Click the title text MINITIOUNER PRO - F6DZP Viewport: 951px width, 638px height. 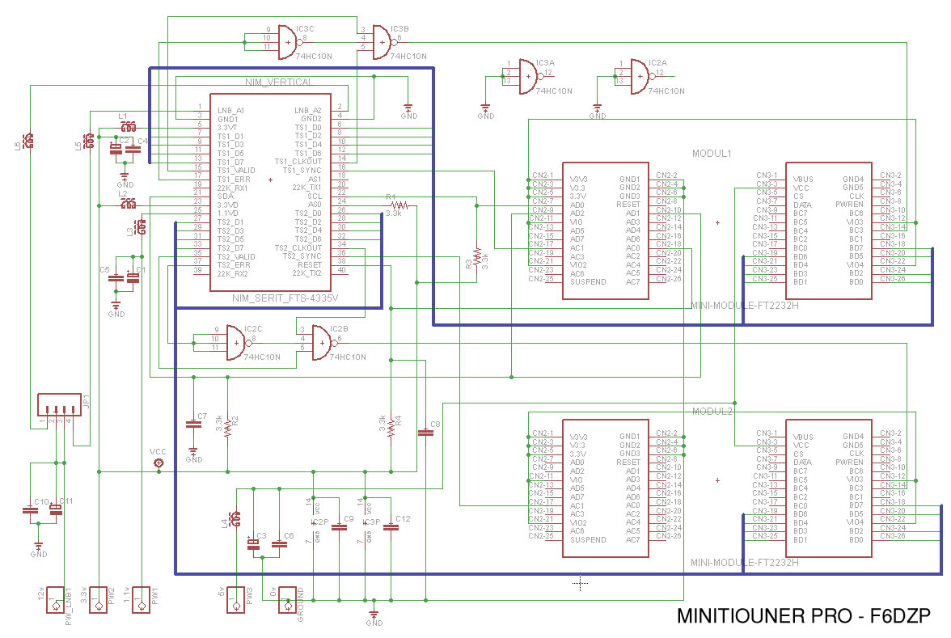[803, 617]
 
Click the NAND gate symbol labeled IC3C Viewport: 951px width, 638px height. [287, 41]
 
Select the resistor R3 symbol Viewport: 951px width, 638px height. [477, 257]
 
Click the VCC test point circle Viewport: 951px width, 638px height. [158, 463]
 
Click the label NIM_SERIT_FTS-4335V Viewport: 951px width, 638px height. [285, 298]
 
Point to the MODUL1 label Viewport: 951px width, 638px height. [712, 153]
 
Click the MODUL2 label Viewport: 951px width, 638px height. [712, 412]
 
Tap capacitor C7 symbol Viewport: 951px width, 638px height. [193, 423]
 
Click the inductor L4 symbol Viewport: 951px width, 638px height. [235, 518]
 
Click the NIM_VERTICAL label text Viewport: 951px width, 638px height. [277, 82]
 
